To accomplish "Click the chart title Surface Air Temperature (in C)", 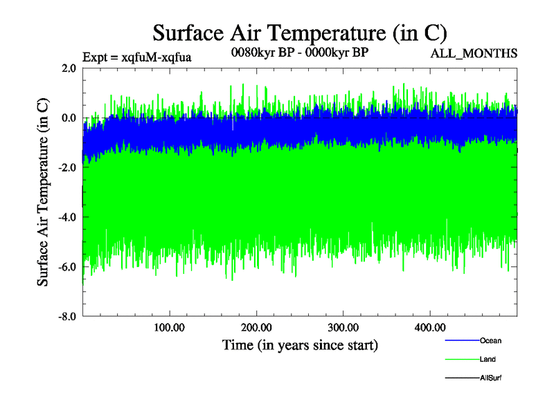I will [x=300, y=33].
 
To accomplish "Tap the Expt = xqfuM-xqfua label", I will [x=136, y=57].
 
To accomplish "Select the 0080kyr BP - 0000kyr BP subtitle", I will [x=300, y=53].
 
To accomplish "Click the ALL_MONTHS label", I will [x=474, y=54].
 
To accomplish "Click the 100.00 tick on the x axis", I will [x=170, y=327].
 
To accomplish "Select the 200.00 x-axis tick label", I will [x=256, y=327].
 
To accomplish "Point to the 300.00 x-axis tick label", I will [x=343, y=327].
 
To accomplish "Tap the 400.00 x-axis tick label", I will [x=429, y=327].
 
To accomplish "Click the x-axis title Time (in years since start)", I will [x=300, y=344].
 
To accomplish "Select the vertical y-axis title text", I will [x=43, y=192].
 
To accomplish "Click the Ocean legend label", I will [x=490, y=341].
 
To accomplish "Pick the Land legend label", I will [x=488, y=360].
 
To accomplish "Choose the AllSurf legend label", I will [x=490, y=378].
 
